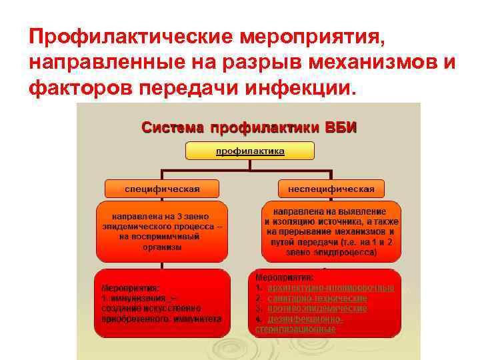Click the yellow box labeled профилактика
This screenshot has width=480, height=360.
tap(249, 152)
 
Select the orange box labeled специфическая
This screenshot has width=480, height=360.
tap(162, 189)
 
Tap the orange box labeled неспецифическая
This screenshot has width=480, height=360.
tap(331, 189)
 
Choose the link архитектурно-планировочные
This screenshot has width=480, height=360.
tap(330, 288)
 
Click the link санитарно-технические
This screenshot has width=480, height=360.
tap(317, 298)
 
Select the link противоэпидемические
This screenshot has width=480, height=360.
tap(317, 309)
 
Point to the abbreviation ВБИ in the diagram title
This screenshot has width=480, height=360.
tap(341, 127)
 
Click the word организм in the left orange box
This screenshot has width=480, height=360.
tap(162, 247)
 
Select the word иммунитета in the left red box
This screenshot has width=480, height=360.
tap(197, 319)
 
